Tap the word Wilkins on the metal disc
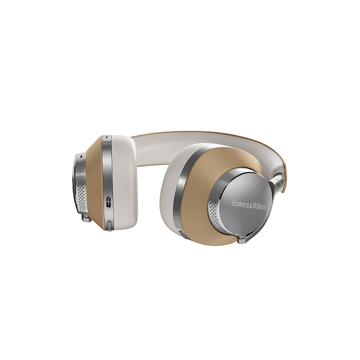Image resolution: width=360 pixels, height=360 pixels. pyautogui.click(x=257, y=206)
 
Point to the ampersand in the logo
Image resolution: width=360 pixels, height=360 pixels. pyautogui.click(x=249, y=205)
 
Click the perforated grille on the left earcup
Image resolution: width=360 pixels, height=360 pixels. pyautogui.click(x=82, y=196)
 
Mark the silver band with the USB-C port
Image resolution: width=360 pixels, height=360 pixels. pyautogui.click(x=107, y=178)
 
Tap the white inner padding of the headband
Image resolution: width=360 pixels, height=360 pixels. pyautogui.click(x=173, y=144)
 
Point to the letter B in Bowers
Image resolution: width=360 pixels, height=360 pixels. pyautogui.click(x=233, y=202)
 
